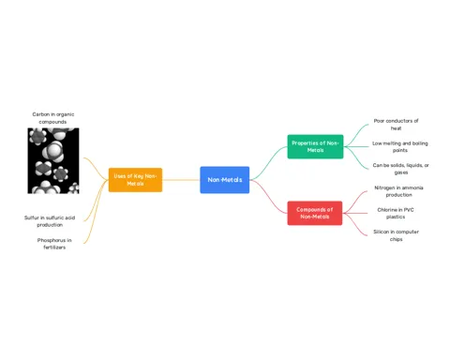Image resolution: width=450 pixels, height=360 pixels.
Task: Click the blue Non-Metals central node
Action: (x=225, y=180)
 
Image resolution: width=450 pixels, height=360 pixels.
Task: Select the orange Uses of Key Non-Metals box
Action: (x=135, y=180)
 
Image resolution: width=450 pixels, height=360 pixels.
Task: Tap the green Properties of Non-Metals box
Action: (x=315, y=146)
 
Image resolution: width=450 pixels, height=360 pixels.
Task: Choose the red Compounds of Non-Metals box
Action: (x=315, y=213)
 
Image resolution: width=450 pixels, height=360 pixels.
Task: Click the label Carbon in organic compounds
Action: (x=53, y=118)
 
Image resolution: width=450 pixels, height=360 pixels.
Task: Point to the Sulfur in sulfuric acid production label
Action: (x=50, y=221)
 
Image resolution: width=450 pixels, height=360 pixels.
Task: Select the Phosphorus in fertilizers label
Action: (x=54, y=244)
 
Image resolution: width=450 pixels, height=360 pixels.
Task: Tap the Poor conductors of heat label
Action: (x=396, y=125)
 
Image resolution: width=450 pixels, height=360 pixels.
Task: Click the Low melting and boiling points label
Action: (x=400, y=147)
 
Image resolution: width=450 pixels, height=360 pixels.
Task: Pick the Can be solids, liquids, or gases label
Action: (x=400, y=169)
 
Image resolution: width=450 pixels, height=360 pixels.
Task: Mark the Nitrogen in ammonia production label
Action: (x=398, y=191)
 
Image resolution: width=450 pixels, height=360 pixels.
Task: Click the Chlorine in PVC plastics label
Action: (x=396, y=213)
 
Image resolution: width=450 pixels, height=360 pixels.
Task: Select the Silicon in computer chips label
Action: (x=396, y=235)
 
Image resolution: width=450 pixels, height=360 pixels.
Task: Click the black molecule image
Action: (x=53, y=160)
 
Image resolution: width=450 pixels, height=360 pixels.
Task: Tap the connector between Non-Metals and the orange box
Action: (x=181, y=180)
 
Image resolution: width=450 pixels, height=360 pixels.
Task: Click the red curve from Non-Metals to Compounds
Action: (x=268, y=196)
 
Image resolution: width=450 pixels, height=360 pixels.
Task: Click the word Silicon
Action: (x=381, y=232)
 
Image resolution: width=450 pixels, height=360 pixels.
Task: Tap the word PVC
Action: (x=409, y=210)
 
